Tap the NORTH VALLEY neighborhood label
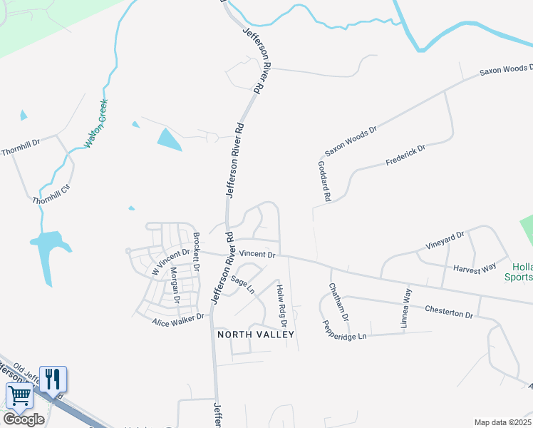point(256,334)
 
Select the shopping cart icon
point(19,395)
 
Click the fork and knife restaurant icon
point(53,378)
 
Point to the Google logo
point(24,419)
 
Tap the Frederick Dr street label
point(405,156)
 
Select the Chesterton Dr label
point(449,312)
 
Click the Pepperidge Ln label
point(343,328)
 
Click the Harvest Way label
point(475,267)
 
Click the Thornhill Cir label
point(51,195)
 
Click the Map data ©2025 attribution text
point(503,422)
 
